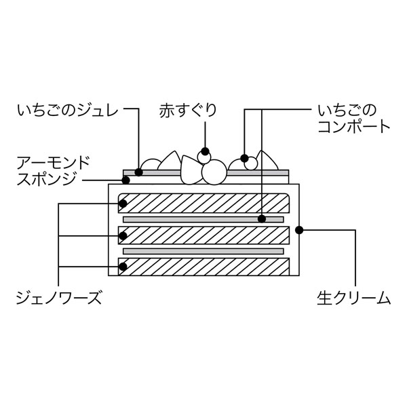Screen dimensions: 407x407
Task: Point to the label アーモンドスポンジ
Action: coord(54,171)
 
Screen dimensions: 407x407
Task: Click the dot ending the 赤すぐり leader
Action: coord(206,152)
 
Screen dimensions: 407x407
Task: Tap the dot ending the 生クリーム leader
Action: coord(299,230)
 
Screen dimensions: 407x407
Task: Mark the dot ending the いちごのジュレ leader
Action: coord(138,172)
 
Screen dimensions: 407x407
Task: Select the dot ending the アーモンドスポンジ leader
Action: coord(125,180)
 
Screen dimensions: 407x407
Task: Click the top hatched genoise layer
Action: coord(203,203)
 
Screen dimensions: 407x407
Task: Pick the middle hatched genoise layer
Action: coord(203,235)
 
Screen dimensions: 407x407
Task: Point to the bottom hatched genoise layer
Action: coord(203,267)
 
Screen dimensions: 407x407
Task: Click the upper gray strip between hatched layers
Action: coord(203,220)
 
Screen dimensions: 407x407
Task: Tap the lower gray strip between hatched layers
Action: coord(203,251)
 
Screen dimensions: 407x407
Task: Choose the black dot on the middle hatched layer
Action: coord(123,236)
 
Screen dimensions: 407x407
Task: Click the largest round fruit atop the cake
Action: coord(214,172)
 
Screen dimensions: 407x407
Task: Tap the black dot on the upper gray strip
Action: coord(261,219)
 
